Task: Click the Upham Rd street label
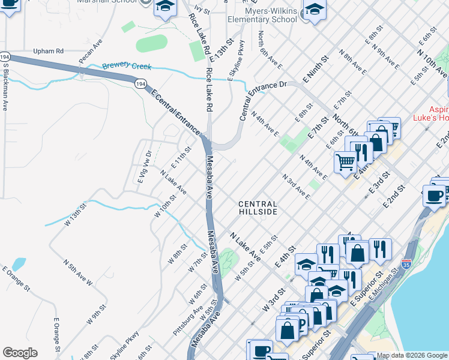[48, 52]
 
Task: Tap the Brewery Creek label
[127, 67]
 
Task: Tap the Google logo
[20, 353]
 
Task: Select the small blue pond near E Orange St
[19, 263]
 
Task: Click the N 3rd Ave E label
[297, 187]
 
